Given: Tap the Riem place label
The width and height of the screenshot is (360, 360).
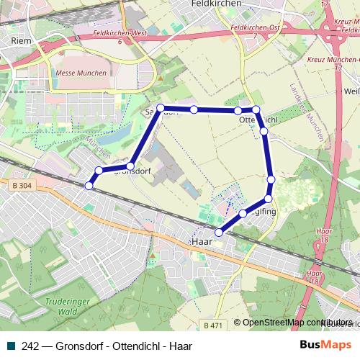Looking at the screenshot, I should (20, 42).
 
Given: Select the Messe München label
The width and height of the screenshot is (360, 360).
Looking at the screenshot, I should (80, 73).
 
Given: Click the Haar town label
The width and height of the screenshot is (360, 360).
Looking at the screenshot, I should (202, 242).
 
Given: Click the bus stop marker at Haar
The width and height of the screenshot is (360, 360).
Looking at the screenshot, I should (220, 232).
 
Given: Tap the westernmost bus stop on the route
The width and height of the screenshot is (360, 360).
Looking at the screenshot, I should (89, 186).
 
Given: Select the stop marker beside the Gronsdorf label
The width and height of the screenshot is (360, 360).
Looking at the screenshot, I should (130, 166).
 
